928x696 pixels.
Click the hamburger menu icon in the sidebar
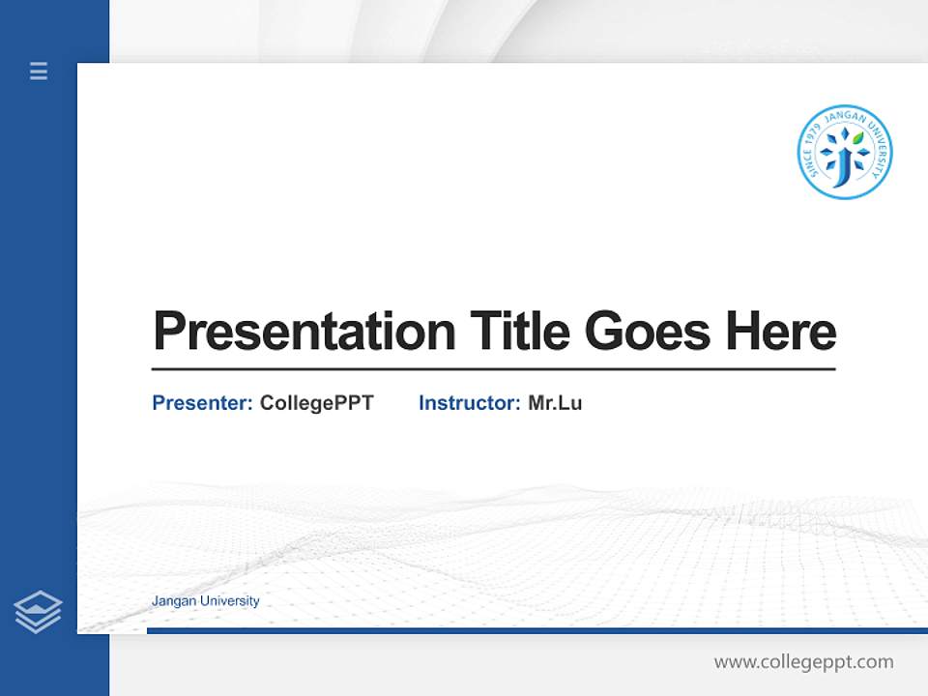tap(39, 71)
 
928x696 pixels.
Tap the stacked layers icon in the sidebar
tap(38, 612)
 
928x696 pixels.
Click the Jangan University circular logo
tap(844, 153)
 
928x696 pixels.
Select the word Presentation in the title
tap(304, 331)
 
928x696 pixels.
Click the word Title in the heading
tap(520, 331)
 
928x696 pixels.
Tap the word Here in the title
tap(781, 331)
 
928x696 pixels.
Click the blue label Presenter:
tap(202, 403)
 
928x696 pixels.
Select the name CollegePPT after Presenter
tap(316, 403)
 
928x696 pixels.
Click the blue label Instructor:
tap(469, 403)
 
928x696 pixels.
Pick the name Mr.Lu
tap(555, 403)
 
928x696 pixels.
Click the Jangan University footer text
tap(205, 601)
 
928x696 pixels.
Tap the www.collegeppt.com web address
tap(803, 662)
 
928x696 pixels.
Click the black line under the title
tap(493, 368)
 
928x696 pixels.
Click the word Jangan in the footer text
tap(172, 601)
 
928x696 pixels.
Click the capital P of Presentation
tap(168, 331)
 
